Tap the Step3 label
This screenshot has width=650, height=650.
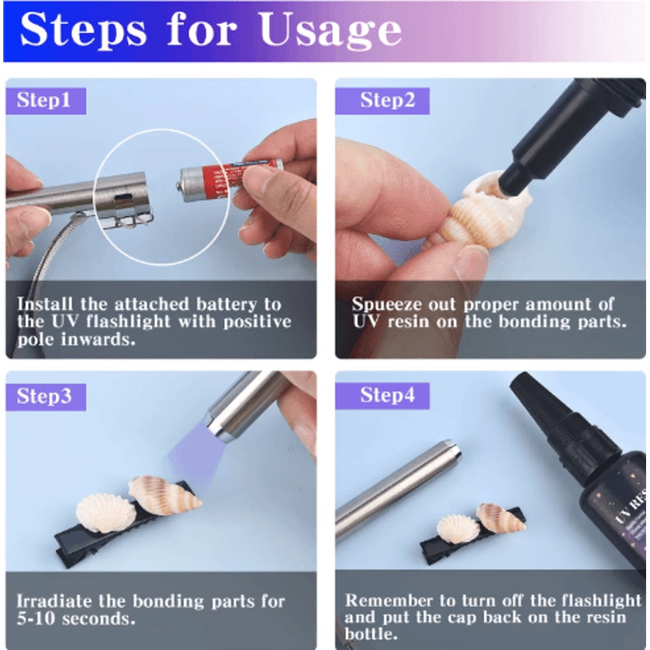tap(44, 396)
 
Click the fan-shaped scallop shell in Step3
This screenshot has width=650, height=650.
tap(105, 512)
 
